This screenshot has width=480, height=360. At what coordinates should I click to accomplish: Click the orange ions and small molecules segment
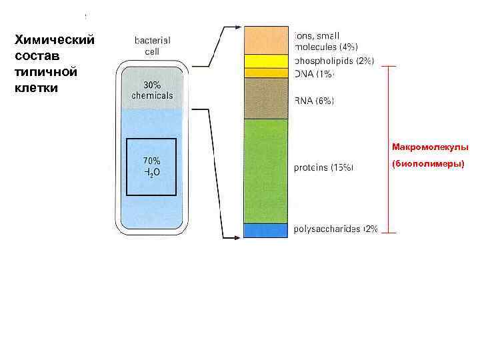tap(265, 40)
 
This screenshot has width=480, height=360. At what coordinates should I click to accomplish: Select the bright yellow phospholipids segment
tap(265, 61)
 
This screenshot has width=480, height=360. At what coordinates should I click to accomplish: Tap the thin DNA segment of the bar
tap(265, 73)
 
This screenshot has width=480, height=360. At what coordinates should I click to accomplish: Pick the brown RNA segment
tap(265, 99)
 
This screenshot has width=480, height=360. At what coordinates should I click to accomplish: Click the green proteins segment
tap(265, 171)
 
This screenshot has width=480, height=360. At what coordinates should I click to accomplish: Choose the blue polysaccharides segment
tap(265, 230)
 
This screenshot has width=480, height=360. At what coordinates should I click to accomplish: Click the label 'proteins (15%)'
tap(324, 168)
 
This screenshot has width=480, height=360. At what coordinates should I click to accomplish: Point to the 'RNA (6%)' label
tap(315, 101)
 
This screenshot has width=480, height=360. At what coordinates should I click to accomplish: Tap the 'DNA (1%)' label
tap(314, 74)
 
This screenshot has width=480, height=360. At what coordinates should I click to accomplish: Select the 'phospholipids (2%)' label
tap(334, 61)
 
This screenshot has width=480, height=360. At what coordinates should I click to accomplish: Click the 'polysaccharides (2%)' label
tap(336, 229)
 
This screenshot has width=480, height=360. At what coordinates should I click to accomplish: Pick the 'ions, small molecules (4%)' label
tap(326, 41)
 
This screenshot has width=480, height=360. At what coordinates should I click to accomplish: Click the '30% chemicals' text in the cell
tap(151, 90)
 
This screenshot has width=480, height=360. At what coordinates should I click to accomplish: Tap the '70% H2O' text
tap(151, 166)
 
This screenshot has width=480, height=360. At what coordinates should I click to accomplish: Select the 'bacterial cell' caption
tap(153, 45)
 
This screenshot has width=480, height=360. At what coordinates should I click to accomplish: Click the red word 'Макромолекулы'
tap(430, 147)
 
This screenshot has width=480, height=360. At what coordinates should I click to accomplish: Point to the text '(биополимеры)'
tap(428, 163)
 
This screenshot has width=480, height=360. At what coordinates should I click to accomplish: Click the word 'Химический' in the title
tap(55, 40)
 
